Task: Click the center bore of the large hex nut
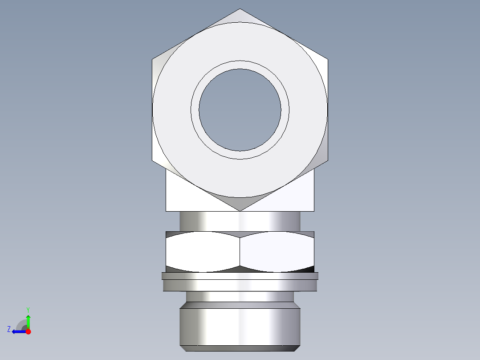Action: (x=240, y=110)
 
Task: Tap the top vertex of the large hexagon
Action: (x=240, y=9)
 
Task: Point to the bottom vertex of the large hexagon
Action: (x=240, y=211)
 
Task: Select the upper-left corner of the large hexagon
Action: (x=153, y=59)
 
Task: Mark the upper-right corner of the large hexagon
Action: (x=328, y=59)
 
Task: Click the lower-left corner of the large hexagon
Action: (x=153, y=161)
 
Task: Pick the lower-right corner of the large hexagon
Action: (x=328, y=161)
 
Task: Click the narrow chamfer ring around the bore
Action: (x=240, y=65)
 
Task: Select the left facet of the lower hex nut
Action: (x=203, y=251)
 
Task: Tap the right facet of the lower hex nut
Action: (x=277, y=251)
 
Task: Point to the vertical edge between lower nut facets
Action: (x=240, y=251)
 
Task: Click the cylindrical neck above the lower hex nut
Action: (x=240, y=221)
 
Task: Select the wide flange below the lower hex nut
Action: (x=240, y=282)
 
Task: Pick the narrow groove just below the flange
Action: (x=240, y=297)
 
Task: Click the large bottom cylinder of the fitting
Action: (x=240, y=325)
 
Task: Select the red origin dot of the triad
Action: (x=28, y=331)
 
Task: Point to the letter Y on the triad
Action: (x=28, y=309)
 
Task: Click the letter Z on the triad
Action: (x=9, y=329)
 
